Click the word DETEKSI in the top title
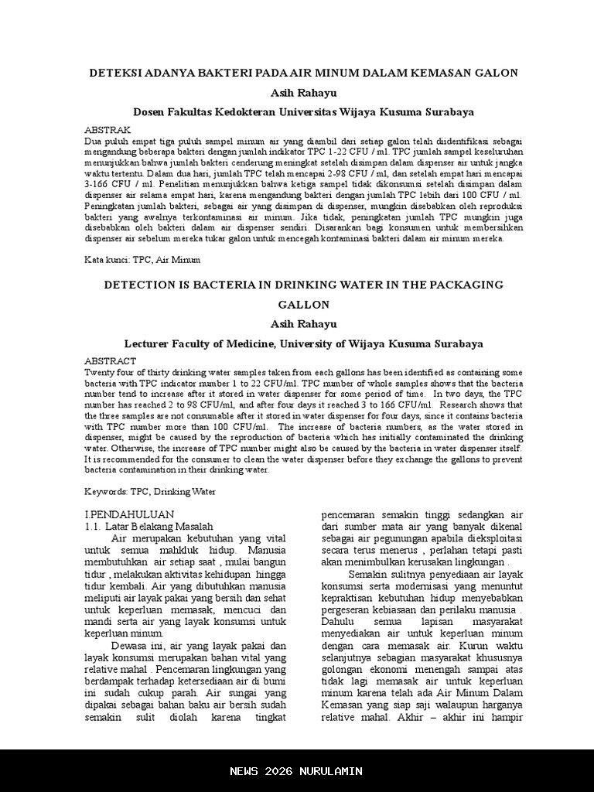pos(117,73)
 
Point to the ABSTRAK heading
pos(108,129)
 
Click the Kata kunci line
pos(142,260)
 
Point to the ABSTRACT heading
pos(110,361)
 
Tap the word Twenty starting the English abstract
pos(100,372)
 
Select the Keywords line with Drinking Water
pos(150,491)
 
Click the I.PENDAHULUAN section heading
pos(128,514)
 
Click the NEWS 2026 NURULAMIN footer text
pos(296,771)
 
